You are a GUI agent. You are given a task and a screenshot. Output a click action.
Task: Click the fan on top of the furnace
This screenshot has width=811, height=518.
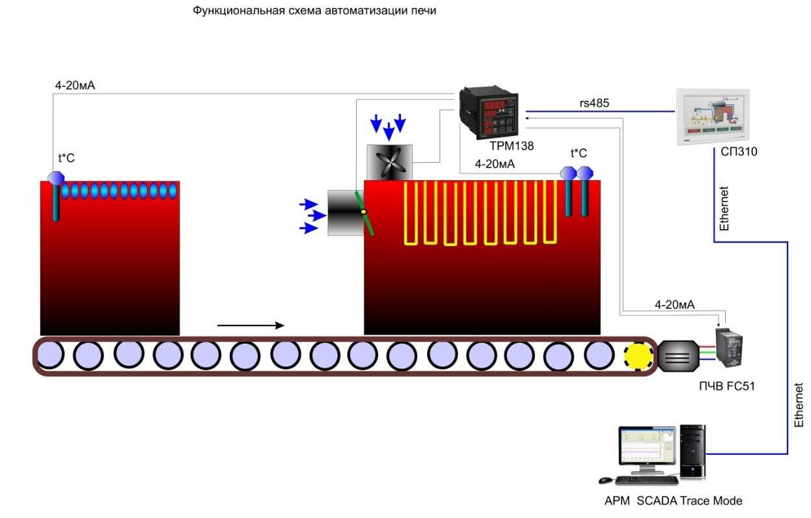[x=389, y=161]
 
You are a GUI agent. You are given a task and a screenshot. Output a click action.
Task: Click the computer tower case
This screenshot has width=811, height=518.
[x=692, y=452]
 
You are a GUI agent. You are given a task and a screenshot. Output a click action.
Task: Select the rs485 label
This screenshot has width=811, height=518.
[x=594, y=102]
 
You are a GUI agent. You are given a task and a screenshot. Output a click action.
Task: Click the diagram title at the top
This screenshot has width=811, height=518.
[x=314, y=12]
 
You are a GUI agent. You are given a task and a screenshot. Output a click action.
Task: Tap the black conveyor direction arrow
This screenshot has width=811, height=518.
[x=251, y=325]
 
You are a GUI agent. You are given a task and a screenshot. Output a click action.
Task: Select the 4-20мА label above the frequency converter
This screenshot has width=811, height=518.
[x=674, y=304]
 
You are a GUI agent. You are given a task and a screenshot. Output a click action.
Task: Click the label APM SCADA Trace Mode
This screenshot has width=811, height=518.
[x=673, y=501]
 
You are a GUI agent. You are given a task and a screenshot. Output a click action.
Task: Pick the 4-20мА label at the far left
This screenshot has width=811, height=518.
[x=76, y=85]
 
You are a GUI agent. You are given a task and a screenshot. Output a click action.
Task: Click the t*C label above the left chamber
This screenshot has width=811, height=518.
[x=67, y=157]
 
